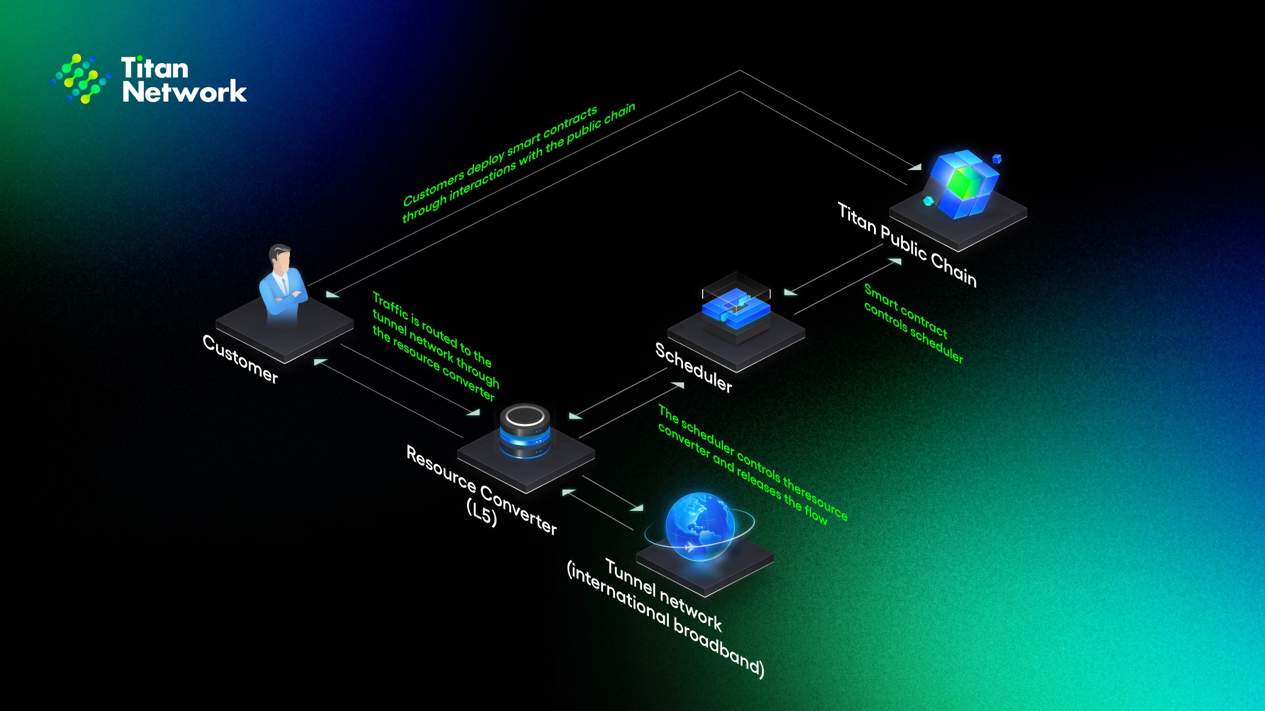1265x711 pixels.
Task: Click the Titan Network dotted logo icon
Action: tap(81, 78)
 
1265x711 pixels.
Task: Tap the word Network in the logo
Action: tap(184, 92)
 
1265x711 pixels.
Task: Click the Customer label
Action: tap(240, 359)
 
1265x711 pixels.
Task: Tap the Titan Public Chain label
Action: tap(907, 245)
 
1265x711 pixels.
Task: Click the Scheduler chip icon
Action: tap(736, 308)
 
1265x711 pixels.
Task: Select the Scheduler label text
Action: tap(694, 368)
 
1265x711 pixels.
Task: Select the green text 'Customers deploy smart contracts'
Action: tap(500, 156)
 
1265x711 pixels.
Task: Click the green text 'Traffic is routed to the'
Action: tap(432, 329)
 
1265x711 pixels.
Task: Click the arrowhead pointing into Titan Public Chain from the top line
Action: tap(915, 167)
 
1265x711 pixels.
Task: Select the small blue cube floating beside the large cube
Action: tap(996, 159)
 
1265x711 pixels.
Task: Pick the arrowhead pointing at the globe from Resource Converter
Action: tap(637, 508)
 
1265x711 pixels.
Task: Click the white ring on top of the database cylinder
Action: tap(524, 416)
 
